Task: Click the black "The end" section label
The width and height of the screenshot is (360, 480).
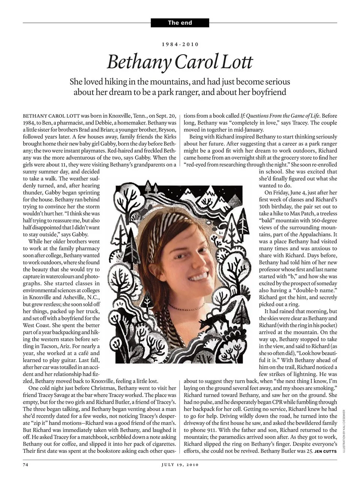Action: coord(180,23)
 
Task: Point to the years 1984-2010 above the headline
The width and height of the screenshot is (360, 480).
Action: coord(180,44)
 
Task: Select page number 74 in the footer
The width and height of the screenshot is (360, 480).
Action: coord(26,465)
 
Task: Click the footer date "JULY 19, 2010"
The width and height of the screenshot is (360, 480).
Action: coord(180,465)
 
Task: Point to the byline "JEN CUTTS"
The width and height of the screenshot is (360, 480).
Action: coord(325,451)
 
